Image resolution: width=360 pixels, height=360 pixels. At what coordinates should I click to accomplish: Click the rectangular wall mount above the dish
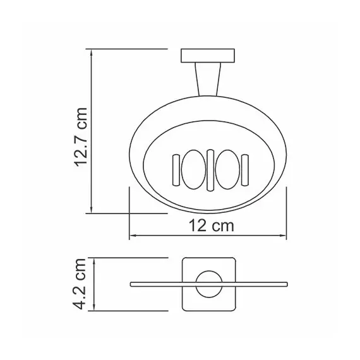point(208,56)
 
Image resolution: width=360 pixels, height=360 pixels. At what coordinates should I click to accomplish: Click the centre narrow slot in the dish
point(208,171)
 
